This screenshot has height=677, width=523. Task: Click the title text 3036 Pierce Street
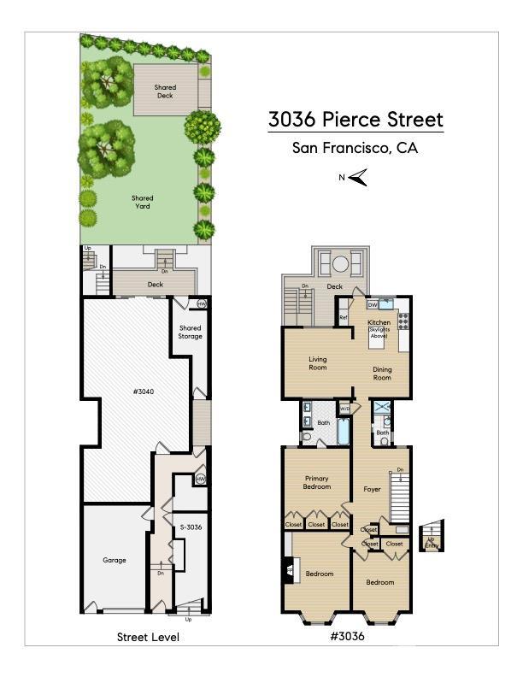click(x=356, y=120)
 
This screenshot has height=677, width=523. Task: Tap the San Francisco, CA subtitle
click(x=356, y=148)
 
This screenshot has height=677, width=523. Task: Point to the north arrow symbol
click(x=356, y=178)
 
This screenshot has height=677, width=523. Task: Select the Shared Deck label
click(x=165, y=91)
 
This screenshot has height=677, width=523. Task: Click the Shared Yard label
click(x=143, y=203)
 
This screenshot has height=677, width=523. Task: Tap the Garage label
click(x=115, y=561)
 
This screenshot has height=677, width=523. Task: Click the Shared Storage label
click(x=190, y=332)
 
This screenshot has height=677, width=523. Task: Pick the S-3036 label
click(x=189, y=527)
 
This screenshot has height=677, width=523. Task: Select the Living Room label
click(x=318, y=365)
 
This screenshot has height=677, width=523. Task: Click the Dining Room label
click(x=382, y=373)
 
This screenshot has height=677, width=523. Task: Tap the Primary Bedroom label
click(x=317, y=482)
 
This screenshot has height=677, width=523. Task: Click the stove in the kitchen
click(x=403, y=321)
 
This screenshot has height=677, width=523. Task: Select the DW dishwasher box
click(x=373, y=304)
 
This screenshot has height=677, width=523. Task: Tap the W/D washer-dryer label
click(x=344, y=409)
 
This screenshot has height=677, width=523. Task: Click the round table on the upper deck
click(x=339, y=262)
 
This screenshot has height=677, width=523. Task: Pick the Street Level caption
click(x=148, y=637)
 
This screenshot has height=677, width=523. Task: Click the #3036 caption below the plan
click(x=347, y=636)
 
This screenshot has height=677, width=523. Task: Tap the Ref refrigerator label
click(x=343, y=318)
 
